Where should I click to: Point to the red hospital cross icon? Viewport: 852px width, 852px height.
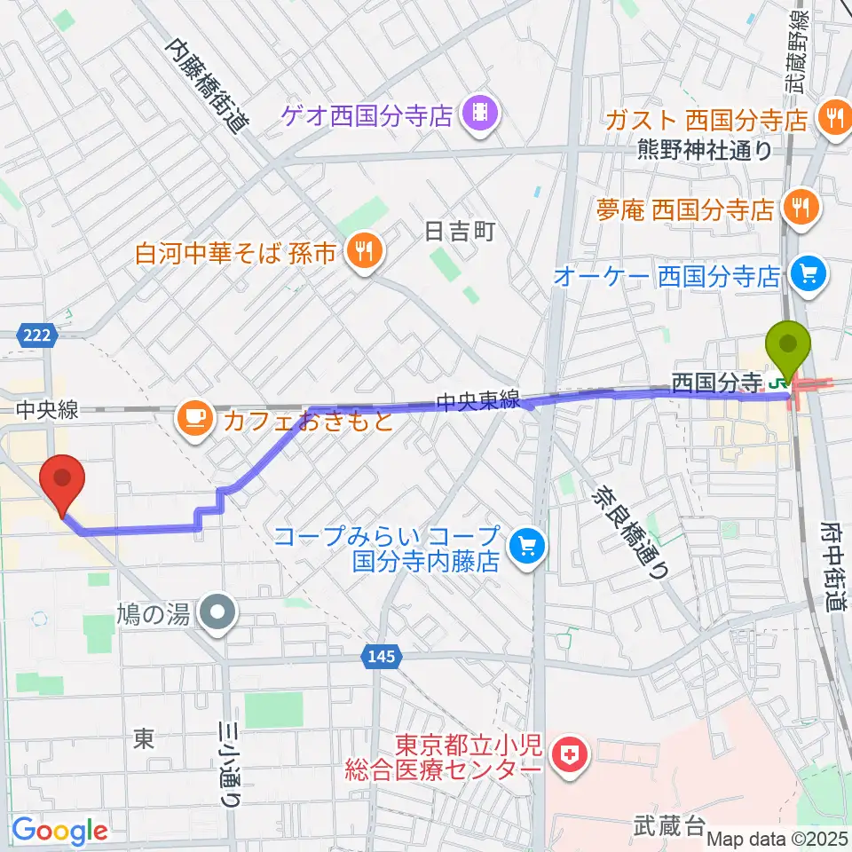coord(567,756)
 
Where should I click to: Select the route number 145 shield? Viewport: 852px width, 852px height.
coord(383,658)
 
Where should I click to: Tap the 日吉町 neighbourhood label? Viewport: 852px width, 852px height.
coord(459,233)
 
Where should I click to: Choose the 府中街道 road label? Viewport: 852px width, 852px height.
coord(833,577)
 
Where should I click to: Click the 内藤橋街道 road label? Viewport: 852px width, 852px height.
coord(209,86)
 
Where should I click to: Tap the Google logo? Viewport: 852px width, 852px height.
coord(60,831)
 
